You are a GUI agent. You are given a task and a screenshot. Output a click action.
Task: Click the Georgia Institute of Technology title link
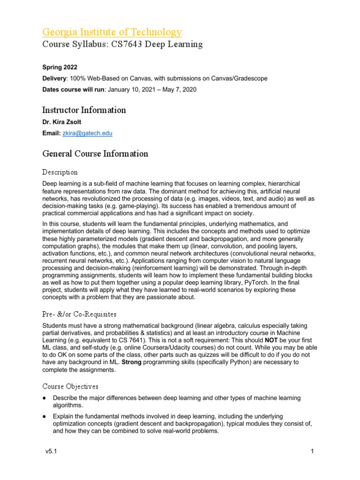112,32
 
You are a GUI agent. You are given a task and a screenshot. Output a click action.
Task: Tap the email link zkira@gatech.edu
87,134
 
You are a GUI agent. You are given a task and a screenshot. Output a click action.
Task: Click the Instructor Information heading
84,110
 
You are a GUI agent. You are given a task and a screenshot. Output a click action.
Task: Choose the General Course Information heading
95,154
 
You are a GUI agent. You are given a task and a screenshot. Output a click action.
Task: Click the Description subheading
60,172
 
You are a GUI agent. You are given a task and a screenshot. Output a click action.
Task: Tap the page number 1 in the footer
311,451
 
